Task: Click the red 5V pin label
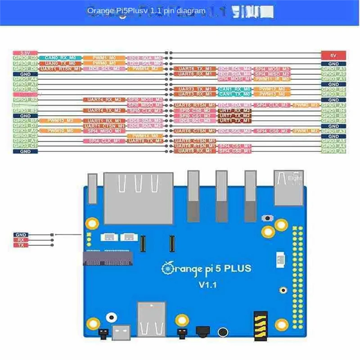(333, 55)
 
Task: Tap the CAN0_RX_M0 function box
(60, 58)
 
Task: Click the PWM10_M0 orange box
(60, 130)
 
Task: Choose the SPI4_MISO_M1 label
(104, 130)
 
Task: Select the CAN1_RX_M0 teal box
(234, 89)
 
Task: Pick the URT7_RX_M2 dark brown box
(234, 110)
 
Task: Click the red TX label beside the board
(21, 245)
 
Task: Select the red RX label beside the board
(21, 240)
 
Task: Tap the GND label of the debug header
(21, 235)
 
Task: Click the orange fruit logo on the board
(167, 268)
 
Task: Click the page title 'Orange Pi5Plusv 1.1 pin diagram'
(146, 11)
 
